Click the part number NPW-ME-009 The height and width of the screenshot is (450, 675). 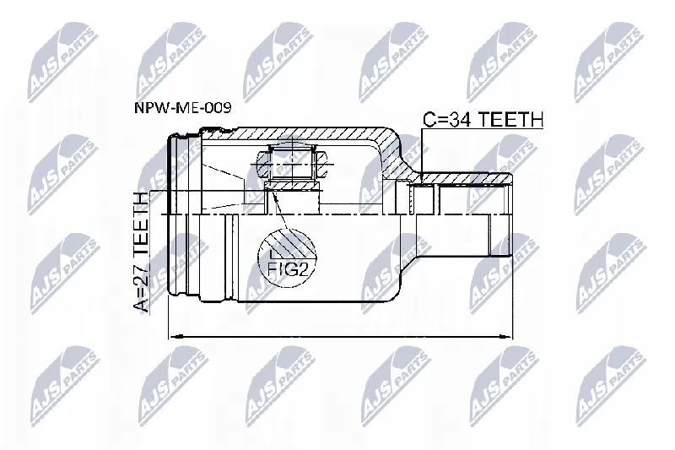click(x=183, y=107)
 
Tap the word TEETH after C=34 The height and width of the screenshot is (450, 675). click(x=511, y=119)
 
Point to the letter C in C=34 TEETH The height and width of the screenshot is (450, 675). click(x=429, y=119)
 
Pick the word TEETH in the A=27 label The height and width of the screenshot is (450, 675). click(x=141, y=225)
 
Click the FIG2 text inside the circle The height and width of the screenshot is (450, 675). click(x=289, y=269)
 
